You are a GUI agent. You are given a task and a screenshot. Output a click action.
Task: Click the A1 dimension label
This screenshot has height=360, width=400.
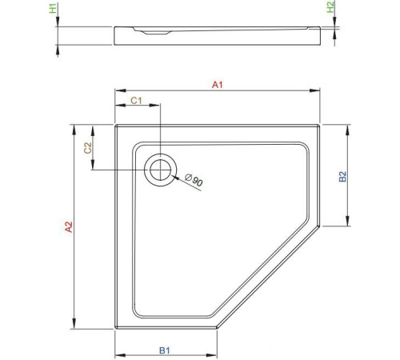tap(216, 83)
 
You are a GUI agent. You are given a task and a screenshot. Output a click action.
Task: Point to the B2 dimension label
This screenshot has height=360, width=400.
tap(342, 178)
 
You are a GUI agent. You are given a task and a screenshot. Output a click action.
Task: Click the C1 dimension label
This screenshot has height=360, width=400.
tap(136, 100)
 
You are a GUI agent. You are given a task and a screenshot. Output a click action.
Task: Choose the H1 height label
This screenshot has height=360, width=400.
tap(53, 10)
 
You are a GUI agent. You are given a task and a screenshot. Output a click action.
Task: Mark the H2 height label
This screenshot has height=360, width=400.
tap(330, 10)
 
